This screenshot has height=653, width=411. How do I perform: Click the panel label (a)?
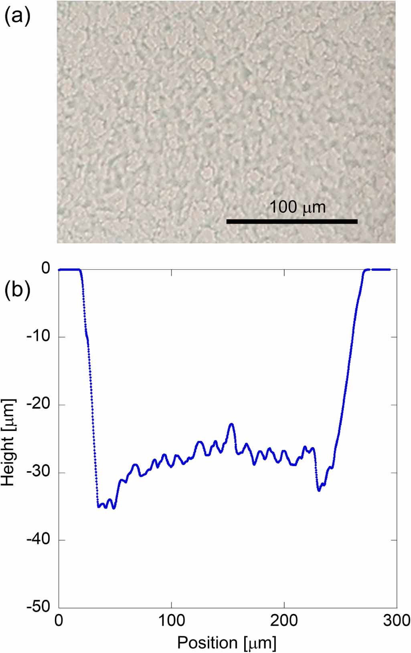[17, 17]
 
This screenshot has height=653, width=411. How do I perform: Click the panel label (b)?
[17, 290]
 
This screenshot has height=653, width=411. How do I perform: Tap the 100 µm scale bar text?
[297, 207]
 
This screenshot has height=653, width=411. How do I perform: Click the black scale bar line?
[292, 221]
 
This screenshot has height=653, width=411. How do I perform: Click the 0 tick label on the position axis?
[59, 620]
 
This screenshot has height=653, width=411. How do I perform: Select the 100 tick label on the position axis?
[172, 620]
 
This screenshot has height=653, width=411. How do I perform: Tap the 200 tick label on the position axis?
[284, 620]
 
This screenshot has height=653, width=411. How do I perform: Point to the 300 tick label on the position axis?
[397, 620]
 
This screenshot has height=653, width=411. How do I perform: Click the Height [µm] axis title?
[8, 442]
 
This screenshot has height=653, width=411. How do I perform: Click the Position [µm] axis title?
[227, 643]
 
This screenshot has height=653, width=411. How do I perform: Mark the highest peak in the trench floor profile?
[231, 424]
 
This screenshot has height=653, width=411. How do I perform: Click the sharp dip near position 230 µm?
[319, 490]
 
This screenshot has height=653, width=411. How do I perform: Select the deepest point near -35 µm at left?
[114, 508]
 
